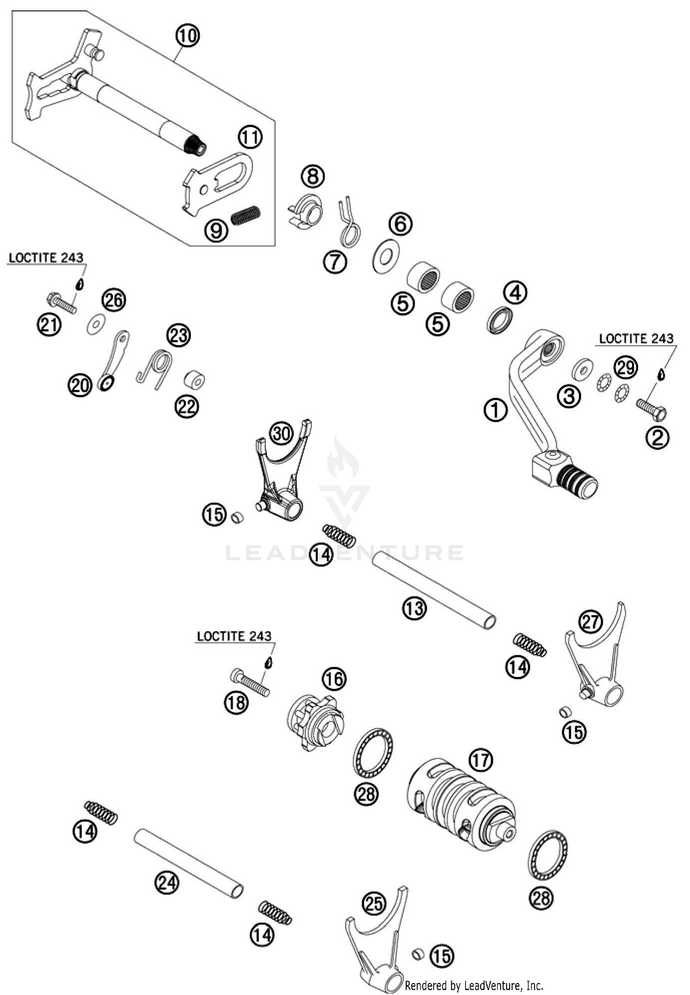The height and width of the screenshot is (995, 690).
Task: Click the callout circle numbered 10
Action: tap(187, 35)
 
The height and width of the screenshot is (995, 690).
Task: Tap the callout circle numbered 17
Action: tap(480, 760)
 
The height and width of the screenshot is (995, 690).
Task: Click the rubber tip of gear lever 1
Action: tap(578, 481)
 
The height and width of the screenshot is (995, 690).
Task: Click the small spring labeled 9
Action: tap(246, 215)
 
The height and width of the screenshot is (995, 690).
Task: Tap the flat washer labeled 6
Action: tap(385, 256)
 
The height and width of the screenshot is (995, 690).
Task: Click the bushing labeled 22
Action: tap(195, 381)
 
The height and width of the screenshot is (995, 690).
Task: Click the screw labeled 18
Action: tap(249, 683)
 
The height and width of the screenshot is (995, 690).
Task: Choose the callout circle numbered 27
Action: tap(591, 622)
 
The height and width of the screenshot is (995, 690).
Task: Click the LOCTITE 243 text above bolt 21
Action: tap(46, 257)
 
